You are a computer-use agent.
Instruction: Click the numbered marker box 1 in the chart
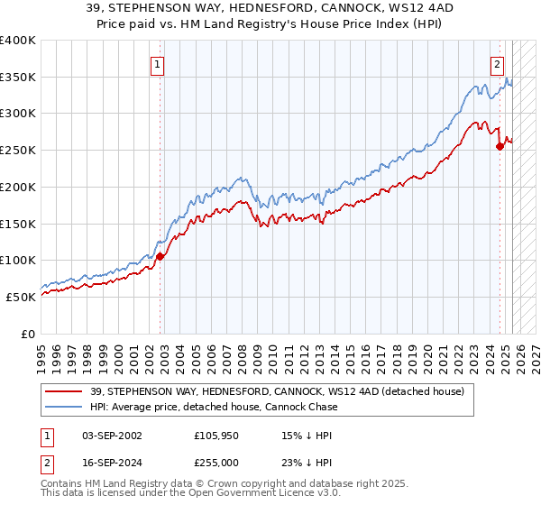click(x=158, y=64)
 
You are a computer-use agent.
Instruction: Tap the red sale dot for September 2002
click(x=160, y=256)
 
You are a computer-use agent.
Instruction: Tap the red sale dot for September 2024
click(x=500, y=147)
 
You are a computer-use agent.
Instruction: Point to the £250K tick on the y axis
click(x=19, y=151)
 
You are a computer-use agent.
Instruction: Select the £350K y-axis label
click(x=19, y=78)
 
